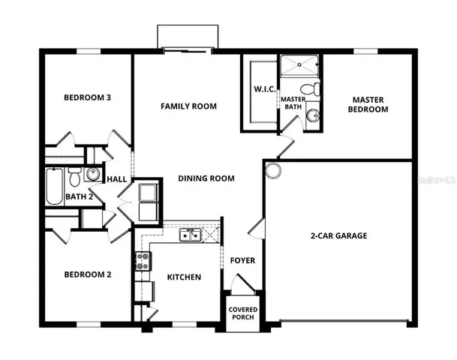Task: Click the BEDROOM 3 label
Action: tap(87, 97)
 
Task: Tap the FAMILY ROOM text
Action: tap(188, 106)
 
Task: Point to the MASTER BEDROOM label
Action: tap(369, 104)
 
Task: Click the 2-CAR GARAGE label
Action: tap(339, 235)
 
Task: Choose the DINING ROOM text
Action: tap(206, 178)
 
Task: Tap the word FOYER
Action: tap(242, 261)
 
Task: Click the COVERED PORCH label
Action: tap(242, 312)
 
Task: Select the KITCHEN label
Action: tap(183, 277)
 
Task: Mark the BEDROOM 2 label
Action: tap(87, 274)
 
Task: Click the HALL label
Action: tap(116, 180)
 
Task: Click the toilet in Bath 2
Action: tap(74, 178)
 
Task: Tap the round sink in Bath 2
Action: tap(92, 175)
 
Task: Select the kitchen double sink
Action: tap(190, 235)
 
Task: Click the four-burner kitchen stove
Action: tap(142, 261)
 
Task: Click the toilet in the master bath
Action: tap(316, 91)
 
